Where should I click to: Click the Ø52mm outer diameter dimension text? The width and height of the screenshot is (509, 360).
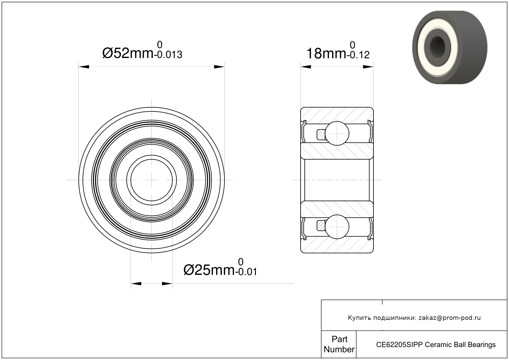pyautogui.click(x=128, y=53)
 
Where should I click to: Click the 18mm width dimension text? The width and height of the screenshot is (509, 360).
pyautogui.click(x=326, y=54)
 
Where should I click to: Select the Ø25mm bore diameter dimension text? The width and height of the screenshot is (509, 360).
pyautogui.click(x=209, y=270)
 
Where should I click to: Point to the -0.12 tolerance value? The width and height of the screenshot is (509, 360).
pyautogui.click(x=358, y=55)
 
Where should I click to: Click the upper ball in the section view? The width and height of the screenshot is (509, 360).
pyautogui.click(x=337, y=133)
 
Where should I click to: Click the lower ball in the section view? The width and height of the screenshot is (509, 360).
pyautogui.click(x=337, y=227)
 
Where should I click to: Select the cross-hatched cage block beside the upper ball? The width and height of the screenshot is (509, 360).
pyautogui.click(x=321, y=134)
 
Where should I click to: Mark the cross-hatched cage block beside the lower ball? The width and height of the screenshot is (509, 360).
pyautogui.click(x=321, y=226)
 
